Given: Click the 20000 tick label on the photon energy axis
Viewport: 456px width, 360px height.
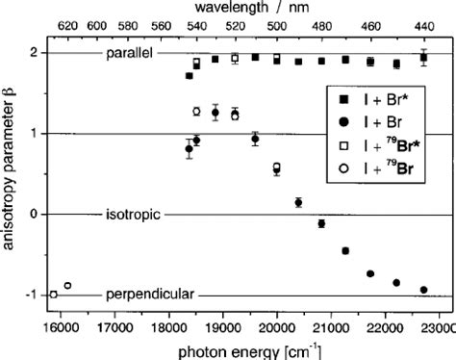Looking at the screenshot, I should point(277,327).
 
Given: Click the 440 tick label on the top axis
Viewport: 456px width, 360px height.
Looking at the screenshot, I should point(424,25).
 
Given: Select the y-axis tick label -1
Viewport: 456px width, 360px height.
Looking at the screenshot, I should point(33,295).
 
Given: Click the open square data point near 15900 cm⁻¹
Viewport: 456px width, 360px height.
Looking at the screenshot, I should point(54,294).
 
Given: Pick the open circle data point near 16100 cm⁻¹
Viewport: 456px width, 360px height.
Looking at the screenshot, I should point(67,286).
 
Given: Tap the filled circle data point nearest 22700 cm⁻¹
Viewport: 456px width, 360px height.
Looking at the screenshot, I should point(423,290).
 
